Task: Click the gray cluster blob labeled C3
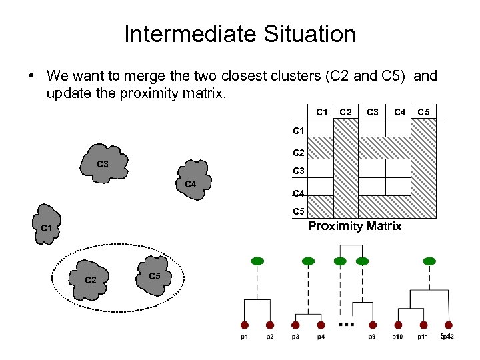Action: (103, 164)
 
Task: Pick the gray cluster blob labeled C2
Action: (91, 279)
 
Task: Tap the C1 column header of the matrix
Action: (322, 111)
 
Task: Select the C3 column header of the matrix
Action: (374, 111)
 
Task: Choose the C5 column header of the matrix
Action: (425, 111)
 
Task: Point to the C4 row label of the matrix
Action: (299, 195)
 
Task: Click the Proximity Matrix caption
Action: (355, 226)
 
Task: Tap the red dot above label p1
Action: (245, 325)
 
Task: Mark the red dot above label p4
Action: (321, 325)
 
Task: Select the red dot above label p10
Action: (398, 325)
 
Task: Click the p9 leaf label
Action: (372, 337)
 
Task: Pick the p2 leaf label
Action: (270, 337)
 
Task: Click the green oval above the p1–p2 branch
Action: (257, 261)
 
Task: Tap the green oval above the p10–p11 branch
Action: (429, 261)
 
